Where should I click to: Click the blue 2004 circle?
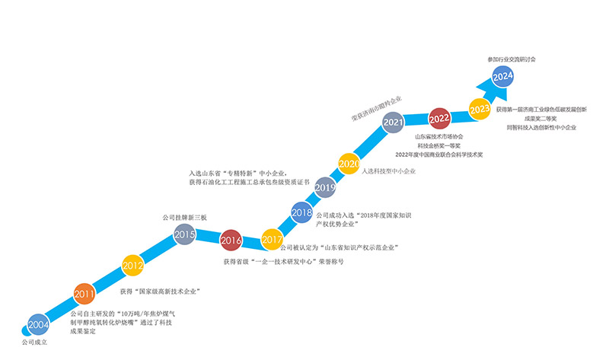click(x=39, y=325)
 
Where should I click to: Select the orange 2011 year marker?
click(x=84, y=294)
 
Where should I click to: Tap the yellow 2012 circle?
click(x=132, y=266)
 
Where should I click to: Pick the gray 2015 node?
click(x=184, y=234)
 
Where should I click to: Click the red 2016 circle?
click(x=231, y=241)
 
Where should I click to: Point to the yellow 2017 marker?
click(x=272, y=240)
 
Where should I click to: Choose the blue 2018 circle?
click(x=301, y=212)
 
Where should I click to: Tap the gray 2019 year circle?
click(x=325, y=187)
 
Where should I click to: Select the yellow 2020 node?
click(x=349, y=164)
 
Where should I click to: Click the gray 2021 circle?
click(x=393, y=123)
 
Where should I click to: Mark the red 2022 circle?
click(x=439, y=119)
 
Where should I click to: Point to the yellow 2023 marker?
click(x=480, y=109)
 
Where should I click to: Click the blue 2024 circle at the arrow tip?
click(x=503, y=77)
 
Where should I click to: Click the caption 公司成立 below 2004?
click(x=34, y=342)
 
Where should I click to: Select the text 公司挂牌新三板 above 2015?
click(x=184, y=218)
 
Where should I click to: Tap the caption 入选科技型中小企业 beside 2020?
click(x=389, y=171)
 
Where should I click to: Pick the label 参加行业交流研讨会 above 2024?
click(x=512, y=59)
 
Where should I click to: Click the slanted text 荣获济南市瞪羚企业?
click(x=377, y=109)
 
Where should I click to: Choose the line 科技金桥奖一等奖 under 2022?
click(x=439, y=145)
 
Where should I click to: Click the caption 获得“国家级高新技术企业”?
click(x=160, y=292)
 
